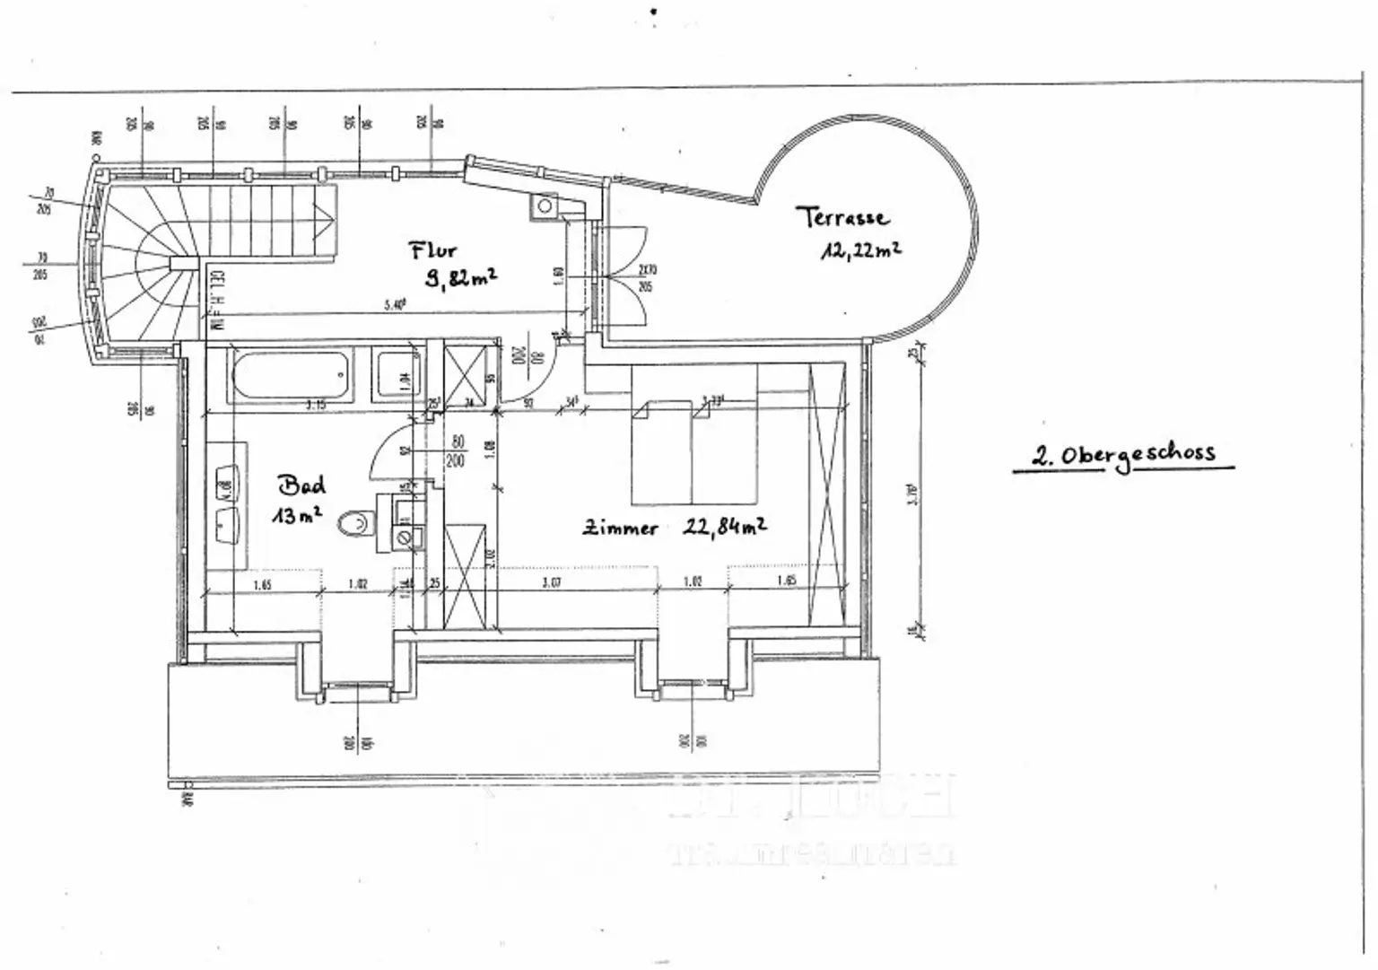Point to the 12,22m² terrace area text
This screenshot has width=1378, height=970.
coord(859,250)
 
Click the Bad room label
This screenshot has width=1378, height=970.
coord(302,485)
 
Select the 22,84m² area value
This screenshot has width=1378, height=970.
coord(724,527)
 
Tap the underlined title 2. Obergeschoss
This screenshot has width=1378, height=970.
coord(1123,454)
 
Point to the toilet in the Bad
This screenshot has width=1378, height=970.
coord(358,521)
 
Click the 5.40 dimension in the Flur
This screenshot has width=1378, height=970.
coord(395,305)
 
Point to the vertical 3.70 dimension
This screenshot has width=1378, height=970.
coord(911,494)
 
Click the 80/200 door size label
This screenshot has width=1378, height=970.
coord(457,451)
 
